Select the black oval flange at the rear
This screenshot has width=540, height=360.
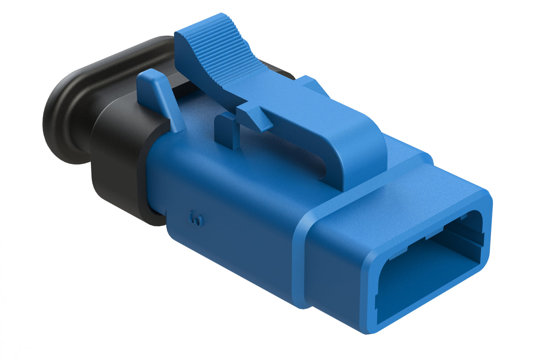(x=65, y=112)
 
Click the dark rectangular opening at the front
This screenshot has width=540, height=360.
(x=430, y=269)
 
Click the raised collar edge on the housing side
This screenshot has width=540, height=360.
(x=299, y=262)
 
